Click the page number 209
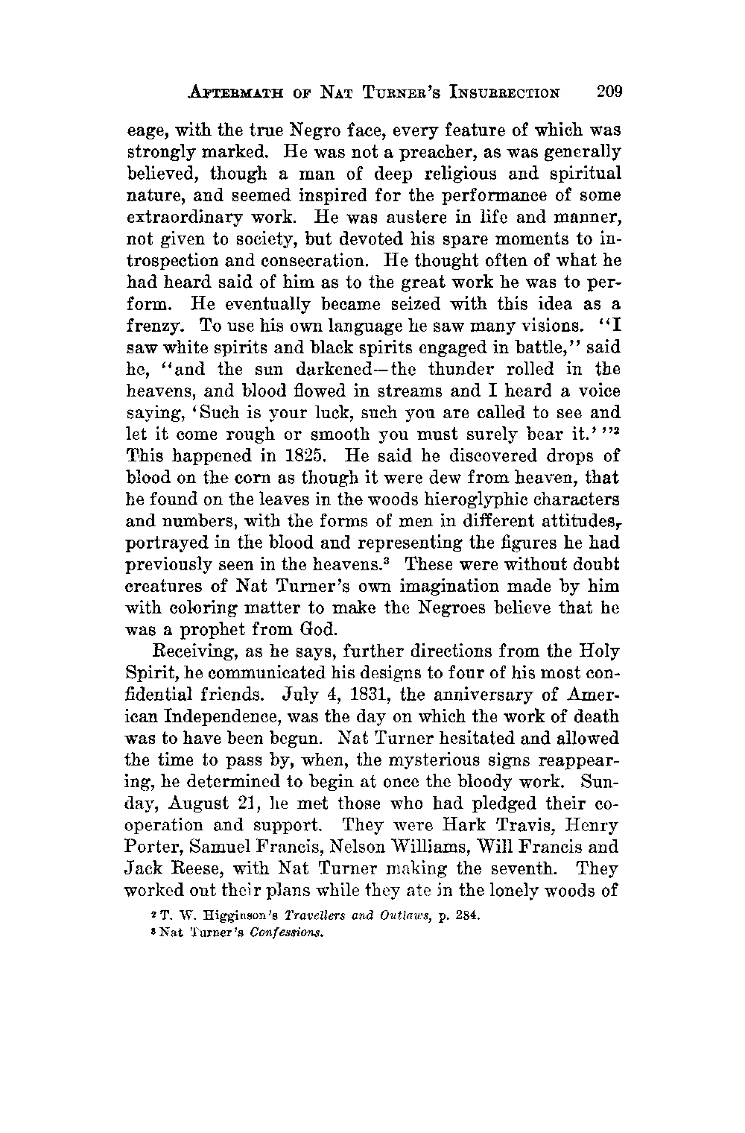[x=608, y=92]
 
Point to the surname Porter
[x=154, y=848]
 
